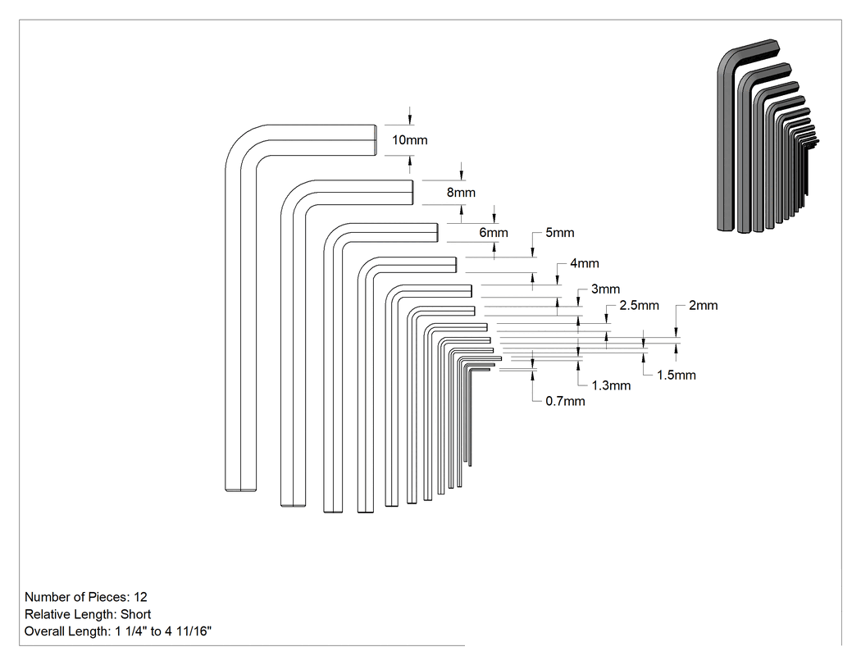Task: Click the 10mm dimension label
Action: point(410,140)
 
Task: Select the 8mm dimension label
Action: point(461,193)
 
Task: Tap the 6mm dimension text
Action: point(493,233)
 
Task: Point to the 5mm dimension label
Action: point(559,233)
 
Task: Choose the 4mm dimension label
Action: point(584,263)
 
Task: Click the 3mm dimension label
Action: point(605,289)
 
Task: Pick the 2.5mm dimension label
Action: point(639,306)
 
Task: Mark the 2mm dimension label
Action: point(703,306)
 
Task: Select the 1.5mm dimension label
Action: point(676,376)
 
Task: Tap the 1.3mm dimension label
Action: point(611,386)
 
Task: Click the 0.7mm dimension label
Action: point(565,402)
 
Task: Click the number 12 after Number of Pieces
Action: point(140,597)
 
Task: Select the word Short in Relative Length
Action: point(135,614)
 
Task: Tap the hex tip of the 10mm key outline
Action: point(376,140)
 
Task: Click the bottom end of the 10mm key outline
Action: point(240,490)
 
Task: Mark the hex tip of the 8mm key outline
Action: point(412,192)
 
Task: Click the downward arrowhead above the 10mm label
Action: point(410,121)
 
